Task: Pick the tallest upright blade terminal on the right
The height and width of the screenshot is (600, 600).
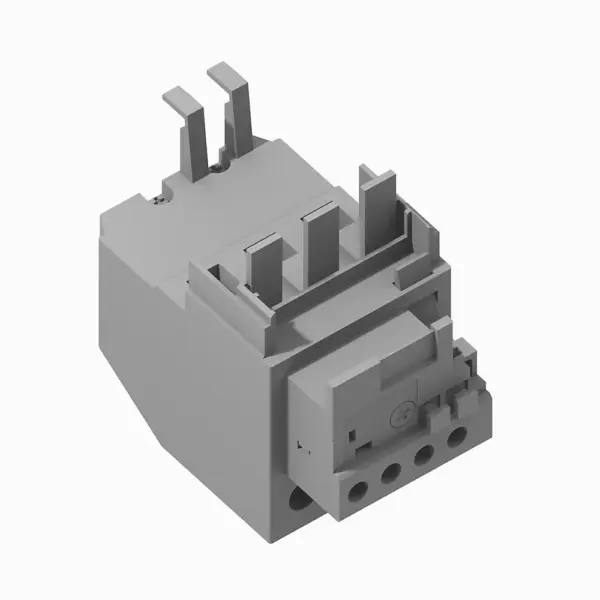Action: coord(377,215)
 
